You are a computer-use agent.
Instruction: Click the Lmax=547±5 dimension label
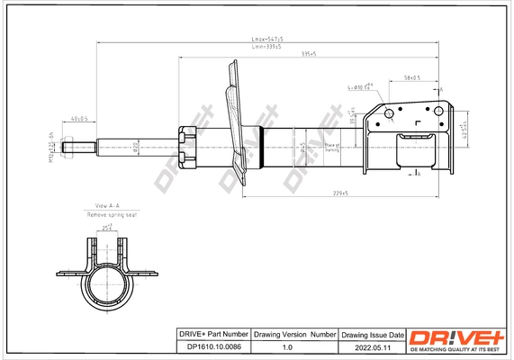(266, 40)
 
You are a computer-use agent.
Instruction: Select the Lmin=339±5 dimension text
(266, 47)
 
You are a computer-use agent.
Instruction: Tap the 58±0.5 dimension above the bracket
(413, 78)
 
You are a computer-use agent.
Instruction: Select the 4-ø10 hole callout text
(359, 87)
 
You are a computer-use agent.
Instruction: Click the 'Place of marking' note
(331, 147)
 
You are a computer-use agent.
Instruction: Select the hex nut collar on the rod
(187, 146)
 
